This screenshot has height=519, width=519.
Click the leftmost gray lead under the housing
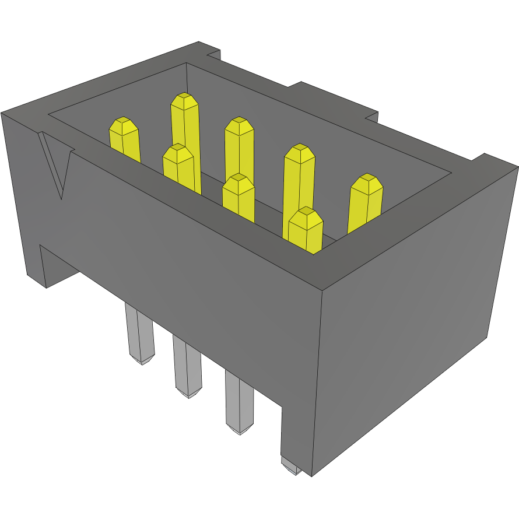(139, 335)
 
